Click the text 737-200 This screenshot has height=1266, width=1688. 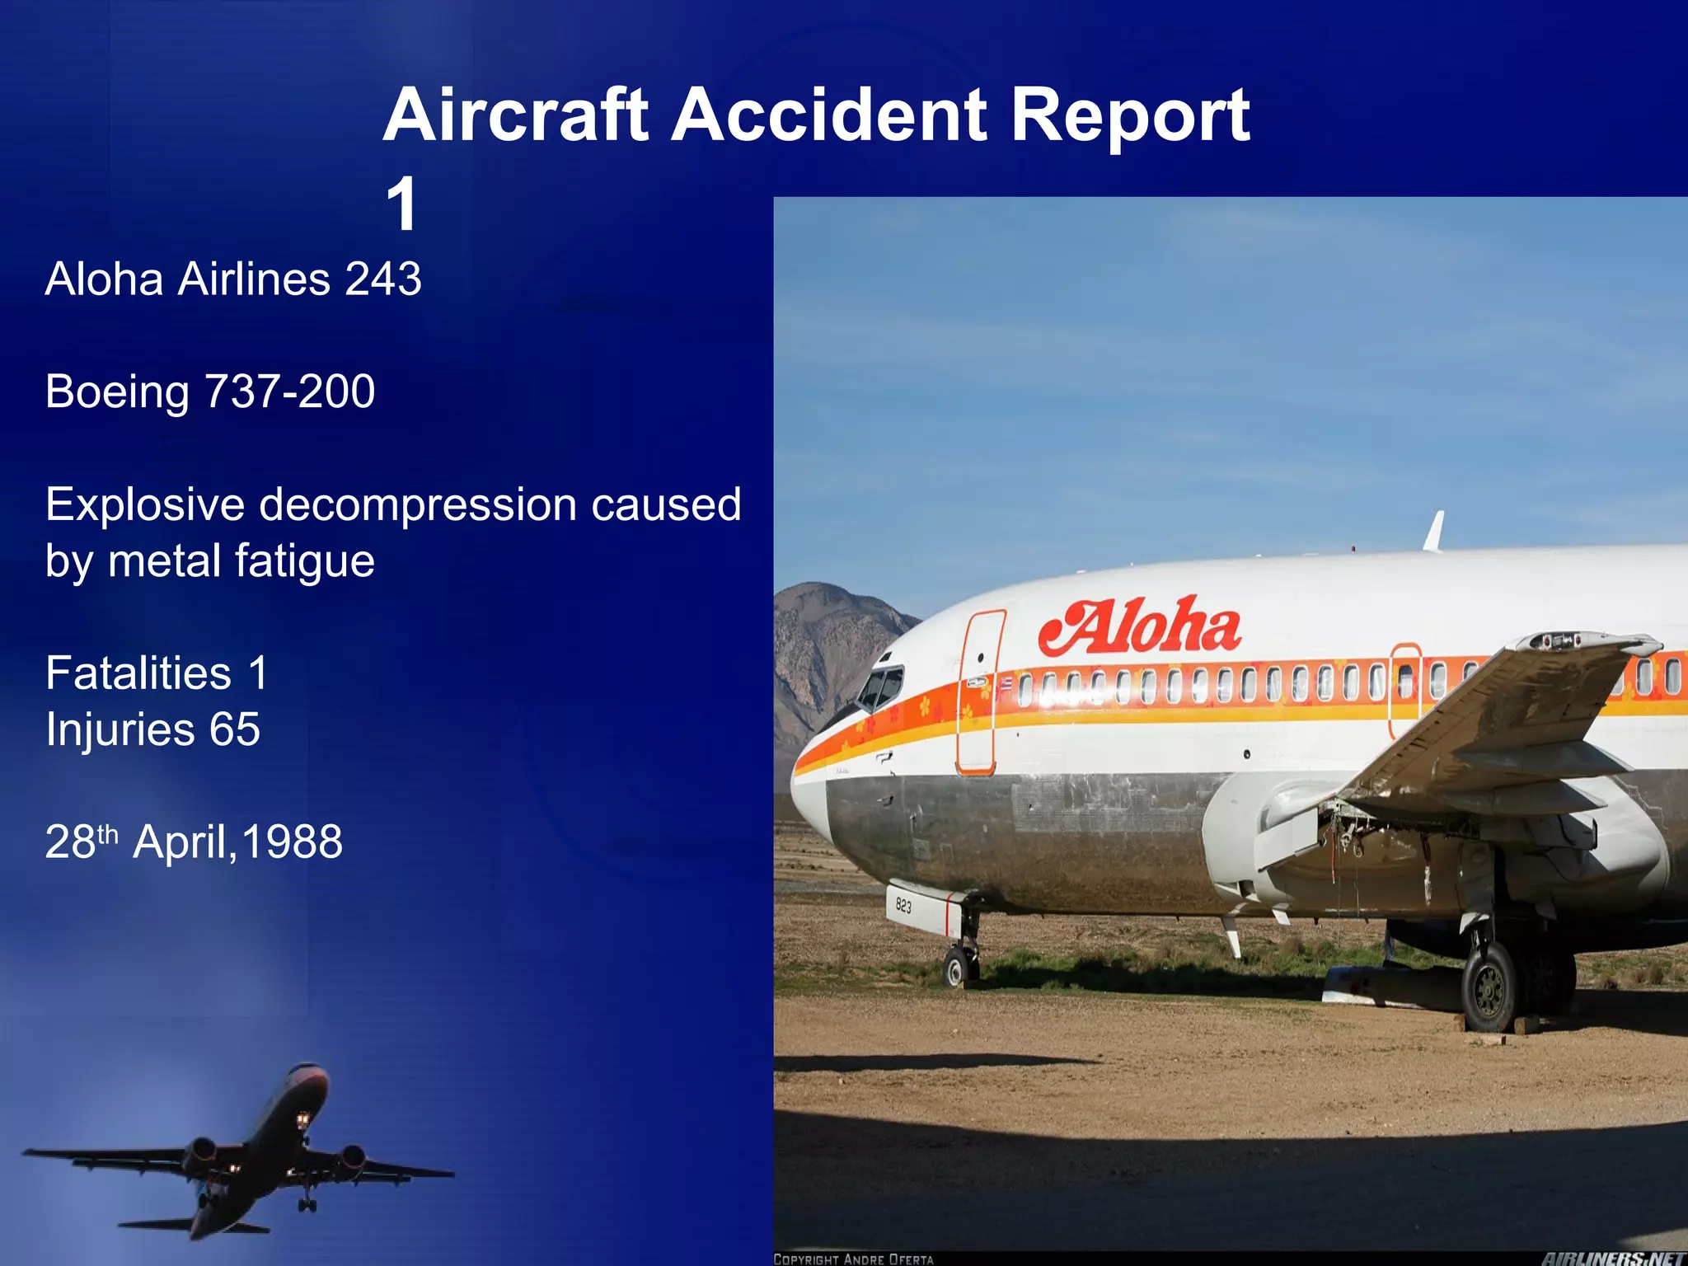point(289,391)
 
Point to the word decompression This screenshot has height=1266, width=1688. point(418,504)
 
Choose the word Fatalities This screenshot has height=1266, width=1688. point(138,673)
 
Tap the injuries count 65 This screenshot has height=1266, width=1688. point(235,729)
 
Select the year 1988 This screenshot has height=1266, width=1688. point(292,842)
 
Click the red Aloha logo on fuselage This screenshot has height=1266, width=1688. point(1139,628)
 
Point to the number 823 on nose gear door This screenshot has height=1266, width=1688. point(903,906)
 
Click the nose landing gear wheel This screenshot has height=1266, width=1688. point(957,968)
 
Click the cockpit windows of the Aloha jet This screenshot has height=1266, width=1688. point(880,687)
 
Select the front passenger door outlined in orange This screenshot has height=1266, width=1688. point(979,692)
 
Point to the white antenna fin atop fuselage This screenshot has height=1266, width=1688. point(1434,531)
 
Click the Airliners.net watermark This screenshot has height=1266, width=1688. point(1613,1258)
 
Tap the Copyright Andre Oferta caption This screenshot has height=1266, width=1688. point(853,1259)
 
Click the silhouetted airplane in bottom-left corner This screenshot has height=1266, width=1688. point(247,1154)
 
